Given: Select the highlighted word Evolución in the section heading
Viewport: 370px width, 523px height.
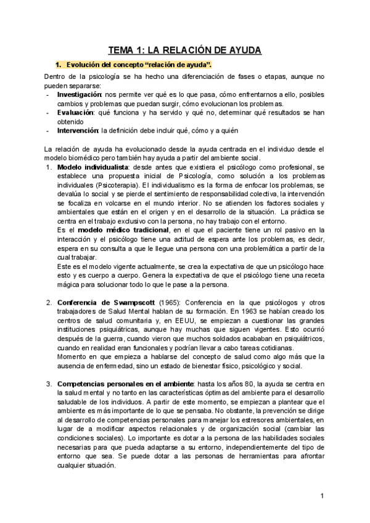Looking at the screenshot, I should (x=84, y=65).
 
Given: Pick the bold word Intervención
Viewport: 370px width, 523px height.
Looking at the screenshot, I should (x=78, y=131).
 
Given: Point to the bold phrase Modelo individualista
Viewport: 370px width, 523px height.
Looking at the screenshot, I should (x=92, y=167).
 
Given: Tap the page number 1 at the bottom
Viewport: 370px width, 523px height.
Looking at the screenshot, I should (x=323, y=496).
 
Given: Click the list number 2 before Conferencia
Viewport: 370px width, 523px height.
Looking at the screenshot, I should (x=49, y=303).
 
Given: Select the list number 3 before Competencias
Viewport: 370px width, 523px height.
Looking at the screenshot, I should (x=49, y=384).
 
